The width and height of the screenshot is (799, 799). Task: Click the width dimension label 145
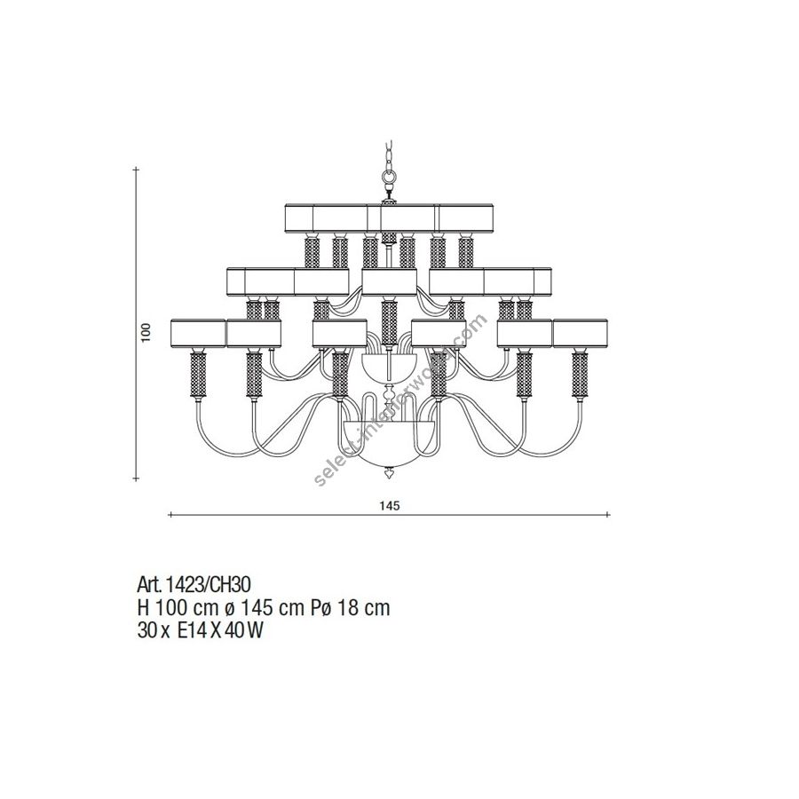tap(390, 506)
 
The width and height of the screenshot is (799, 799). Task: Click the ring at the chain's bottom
tap(390, 177)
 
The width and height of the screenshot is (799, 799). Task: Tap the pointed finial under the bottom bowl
tap(390, 474)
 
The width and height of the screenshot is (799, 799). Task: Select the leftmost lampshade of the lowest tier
tap(198, 333)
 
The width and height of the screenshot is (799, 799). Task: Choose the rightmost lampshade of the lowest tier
tap(580, 333)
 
